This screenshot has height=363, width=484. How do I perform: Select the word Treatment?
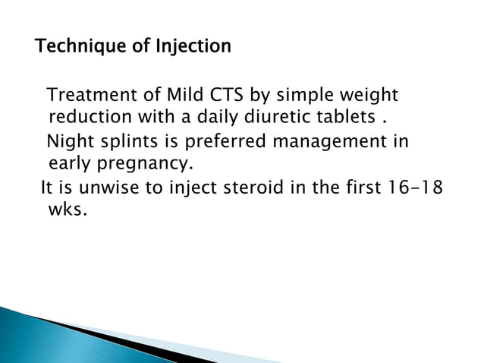pyautogui.click(x=89, y=97)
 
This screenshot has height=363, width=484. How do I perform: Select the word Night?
pyautogui.click(x=70, y=142)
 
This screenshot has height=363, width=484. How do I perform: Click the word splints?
pyautogui.click(x=127, y=143)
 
